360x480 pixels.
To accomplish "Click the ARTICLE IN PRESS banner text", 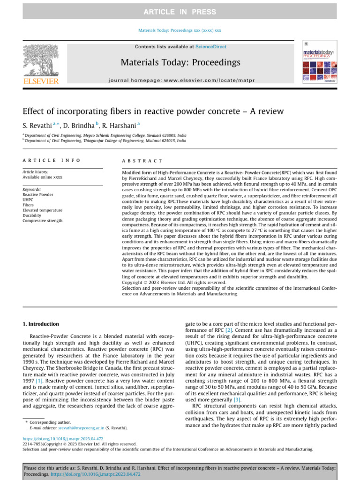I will click(x=180, y=12).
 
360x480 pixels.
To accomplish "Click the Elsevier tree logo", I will click(x=41, y=61).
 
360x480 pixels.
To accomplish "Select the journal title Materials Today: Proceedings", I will click(x=180, y=62).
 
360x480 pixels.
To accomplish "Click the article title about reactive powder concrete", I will click(x=153, y=112).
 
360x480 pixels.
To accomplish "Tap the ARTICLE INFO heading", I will click(x=52, y=160).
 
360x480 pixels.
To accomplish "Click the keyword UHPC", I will click(x=29, y=200).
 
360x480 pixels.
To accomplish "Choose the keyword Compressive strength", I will click(x=42, y=220).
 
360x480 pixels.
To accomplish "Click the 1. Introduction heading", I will click(x=41, y=324).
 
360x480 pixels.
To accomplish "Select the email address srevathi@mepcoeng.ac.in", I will click(x=80, y=428).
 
